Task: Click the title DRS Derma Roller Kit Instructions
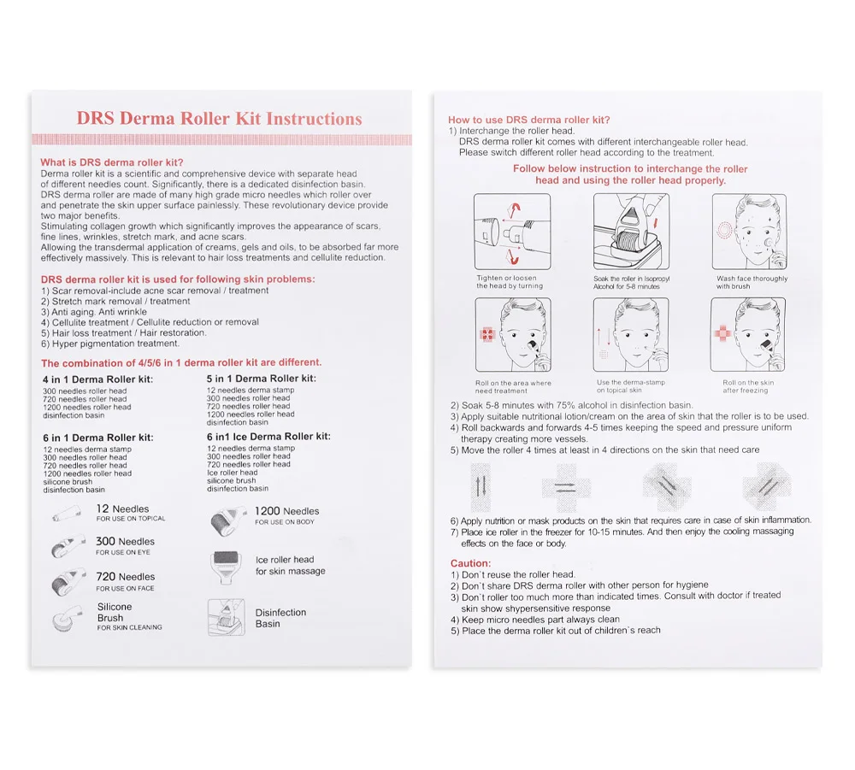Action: [x=219, y=119]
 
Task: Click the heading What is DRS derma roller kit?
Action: [x=112, y=162]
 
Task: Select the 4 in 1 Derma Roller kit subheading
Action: [x=98, y=379]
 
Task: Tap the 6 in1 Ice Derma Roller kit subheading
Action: [x=268, y=436]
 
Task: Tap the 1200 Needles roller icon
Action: [x=226, y=518]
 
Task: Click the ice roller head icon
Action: [x=227, y=566]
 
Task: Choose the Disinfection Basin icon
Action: [x=227, y=617]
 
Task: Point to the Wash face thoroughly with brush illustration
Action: [x=748, y=232]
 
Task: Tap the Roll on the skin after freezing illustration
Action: [x=748, y=335]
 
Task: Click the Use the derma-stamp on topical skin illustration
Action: [x=631, y=335]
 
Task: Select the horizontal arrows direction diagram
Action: [x=566, y=487]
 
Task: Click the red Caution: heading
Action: [x=470, y=563]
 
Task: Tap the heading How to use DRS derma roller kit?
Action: [x=529, y=120]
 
